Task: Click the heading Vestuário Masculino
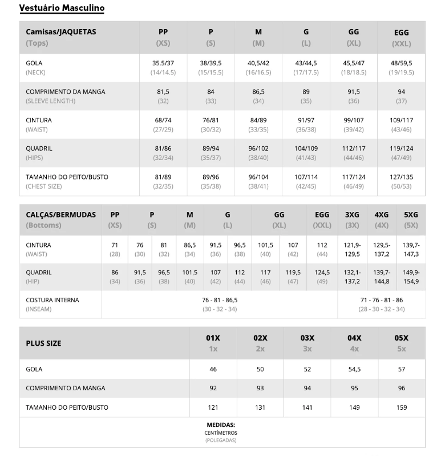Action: [62, 9]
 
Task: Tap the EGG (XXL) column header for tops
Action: [401, 38]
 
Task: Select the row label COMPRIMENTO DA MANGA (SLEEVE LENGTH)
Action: [66, 96]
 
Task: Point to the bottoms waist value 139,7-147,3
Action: [411, 249]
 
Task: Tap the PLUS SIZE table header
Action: [43, 343]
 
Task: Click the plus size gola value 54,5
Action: [354, 369]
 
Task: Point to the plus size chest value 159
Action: [402, 407]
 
